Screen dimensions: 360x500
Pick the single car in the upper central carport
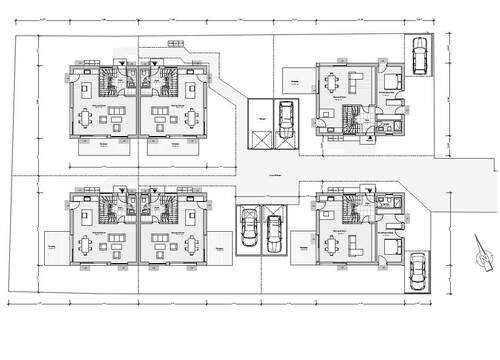tap(285, 119)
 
